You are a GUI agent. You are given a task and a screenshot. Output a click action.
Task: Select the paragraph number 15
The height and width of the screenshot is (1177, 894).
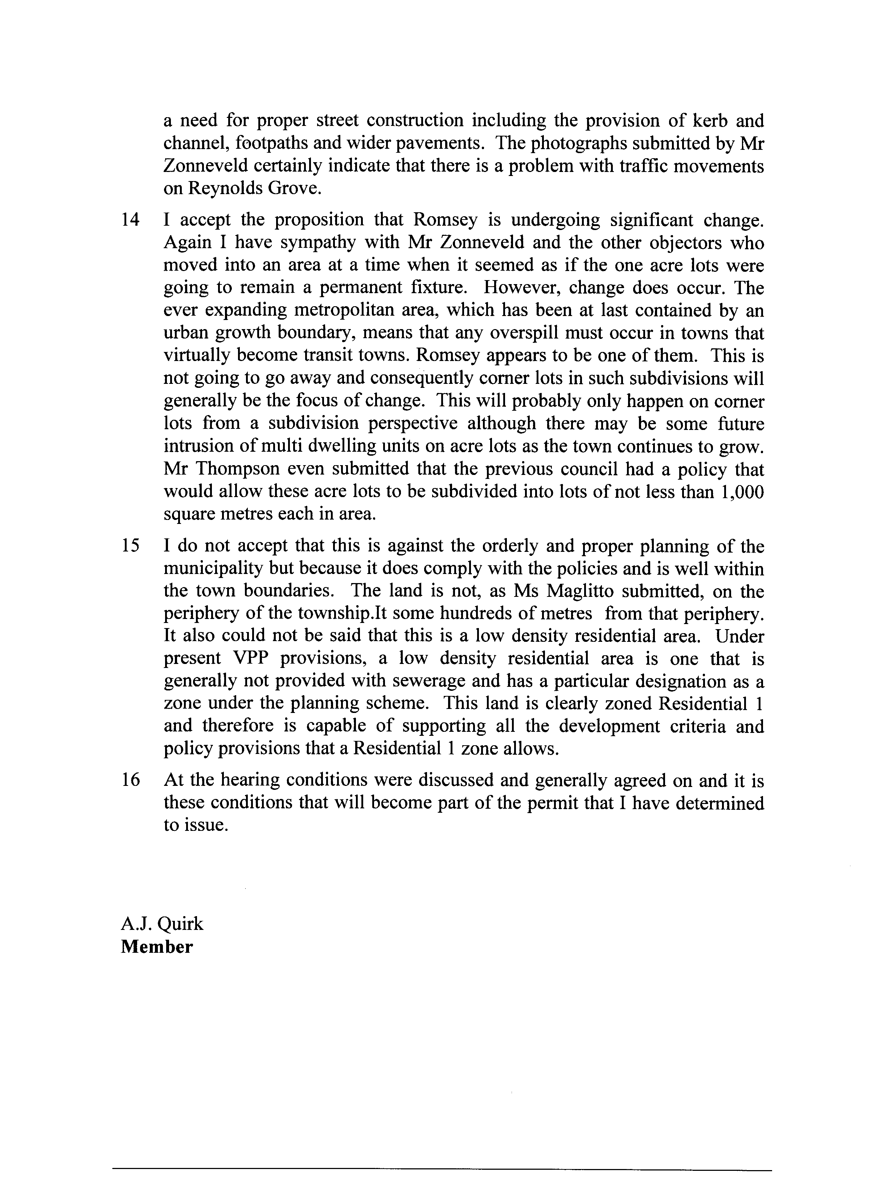coord(130,546)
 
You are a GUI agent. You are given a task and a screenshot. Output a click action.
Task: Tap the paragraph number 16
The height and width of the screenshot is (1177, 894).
coord(130,780)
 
